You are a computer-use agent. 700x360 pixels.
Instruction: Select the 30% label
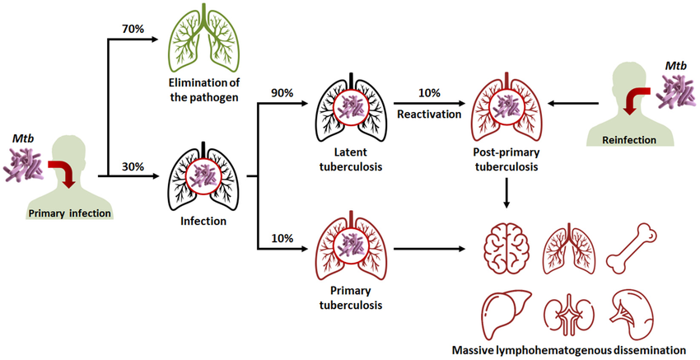click(x=133, y=166)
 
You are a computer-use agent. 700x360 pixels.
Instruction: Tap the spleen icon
click(x=632, y=313)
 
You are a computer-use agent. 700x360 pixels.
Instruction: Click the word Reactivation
click(x=427, y=115)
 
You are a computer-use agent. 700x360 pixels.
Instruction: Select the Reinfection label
click(x=629, y=140)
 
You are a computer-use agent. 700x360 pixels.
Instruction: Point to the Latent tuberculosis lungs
click(x=352, y=108)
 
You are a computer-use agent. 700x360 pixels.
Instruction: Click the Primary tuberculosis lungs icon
click(x=352, y=247)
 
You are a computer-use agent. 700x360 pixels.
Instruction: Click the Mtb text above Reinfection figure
click(x=676, y=66)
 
